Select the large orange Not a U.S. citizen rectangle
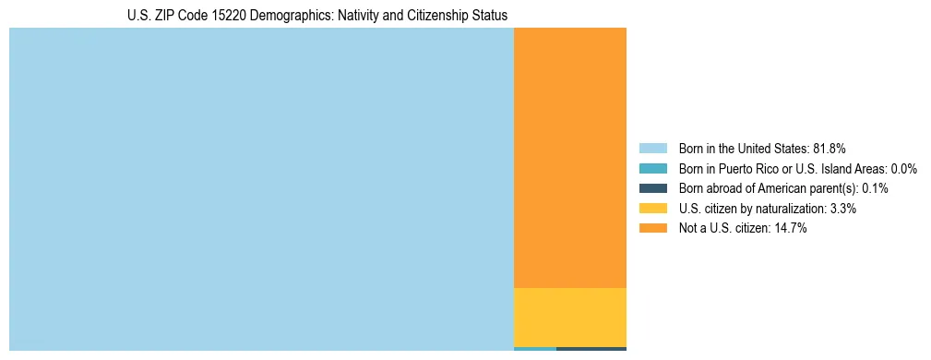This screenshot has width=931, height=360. coord(569,157)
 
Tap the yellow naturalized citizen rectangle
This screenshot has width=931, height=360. coord(569,317)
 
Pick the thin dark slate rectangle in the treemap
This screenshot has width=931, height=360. coord(591,349)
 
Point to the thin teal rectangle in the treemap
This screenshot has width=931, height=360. coord(535,349)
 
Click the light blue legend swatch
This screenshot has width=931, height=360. coord(652,149)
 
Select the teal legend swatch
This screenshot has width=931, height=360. coord(652,169)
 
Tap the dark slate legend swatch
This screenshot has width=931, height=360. coord(652,188)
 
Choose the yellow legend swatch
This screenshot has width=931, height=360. coord(652,209)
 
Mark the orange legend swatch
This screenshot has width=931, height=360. coord(652,228)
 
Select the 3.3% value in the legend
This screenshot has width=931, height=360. coord(842,209)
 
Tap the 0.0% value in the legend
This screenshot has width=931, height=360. coord(904,169)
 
